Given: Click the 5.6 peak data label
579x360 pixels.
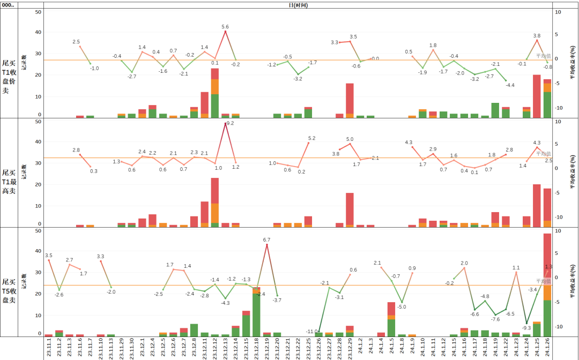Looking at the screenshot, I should tap(225, 26).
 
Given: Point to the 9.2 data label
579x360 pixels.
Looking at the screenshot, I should tap(231, 123).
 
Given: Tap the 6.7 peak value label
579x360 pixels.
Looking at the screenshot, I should tap(267, 239).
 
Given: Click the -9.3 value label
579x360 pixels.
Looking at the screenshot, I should tap(526, 328).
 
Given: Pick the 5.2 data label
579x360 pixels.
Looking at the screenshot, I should tap(312, 138).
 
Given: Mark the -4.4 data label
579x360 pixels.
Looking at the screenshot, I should tap(510, 85).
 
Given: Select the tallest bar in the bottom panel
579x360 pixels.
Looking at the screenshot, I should tap(547, 284).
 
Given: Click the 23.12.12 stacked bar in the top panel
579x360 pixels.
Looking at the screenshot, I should tap(215, 94).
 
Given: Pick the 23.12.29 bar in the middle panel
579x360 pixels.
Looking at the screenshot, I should tap(350, 209).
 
